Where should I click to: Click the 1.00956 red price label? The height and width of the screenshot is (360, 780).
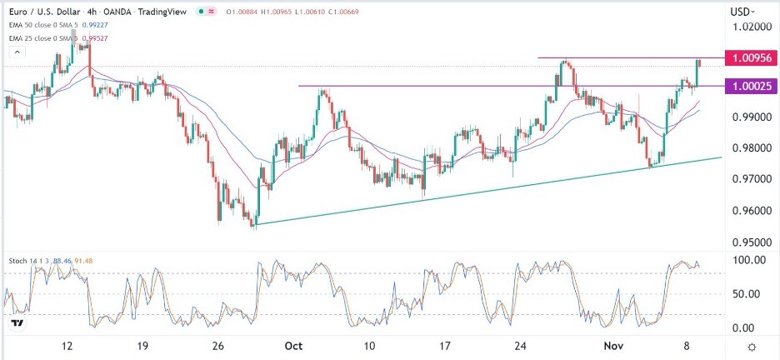click(x=752, y=58)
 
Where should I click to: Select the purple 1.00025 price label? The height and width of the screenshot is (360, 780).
click(x=752, y=86)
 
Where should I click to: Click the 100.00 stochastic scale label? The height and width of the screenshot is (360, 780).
click(x=748, y=260)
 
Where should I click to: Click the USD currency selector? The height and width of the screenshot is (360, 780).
click(x=742, y=12)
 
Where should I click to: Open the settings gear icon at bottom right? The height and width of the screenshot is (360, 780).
click(x=752, y=347)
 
